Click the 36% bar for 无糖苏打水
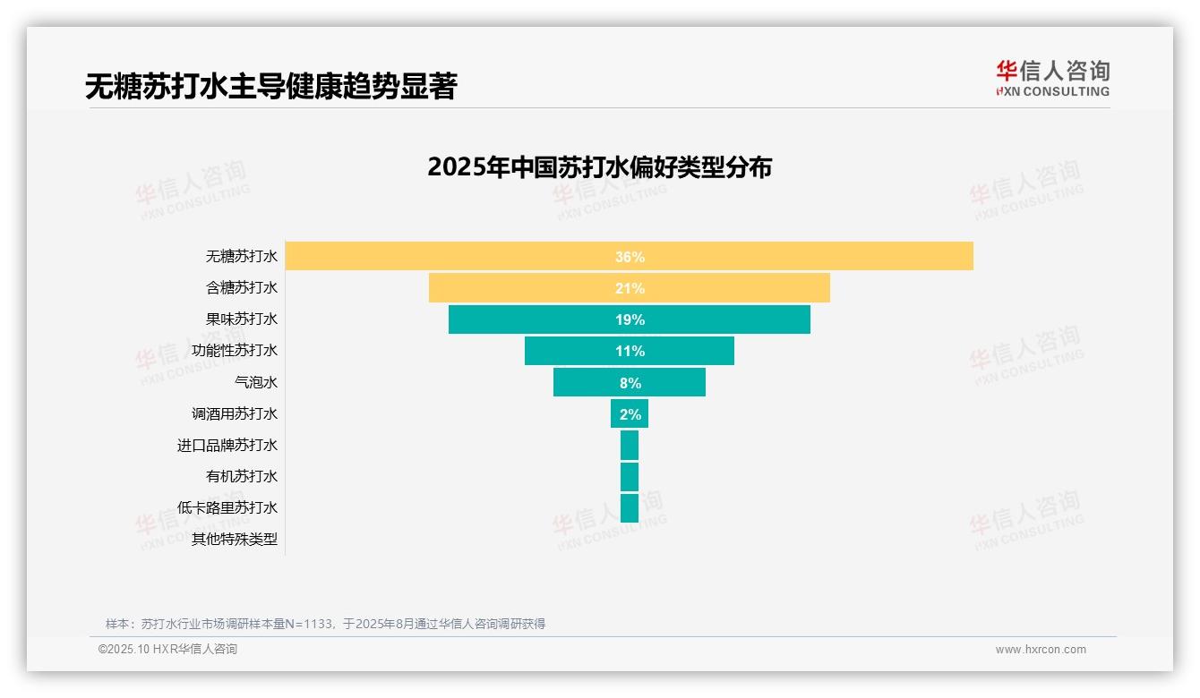(x=629, y=256)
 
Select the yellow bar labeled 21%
(x=629, y=288)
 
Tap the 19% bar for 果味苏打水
(x=629, y=319)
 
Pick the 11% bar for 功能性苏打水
(x=629, y=351)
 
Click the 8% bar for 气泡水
(x=629, y=382)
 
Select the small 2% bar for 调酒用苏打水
(x=630, y=413)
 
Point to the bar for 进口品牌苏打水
(x=630, y=445)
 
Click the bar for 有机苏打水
(x=630, y=476)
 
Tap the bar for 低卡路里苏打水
(x=630, y=507)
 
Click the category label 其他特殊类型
(x=235, y=539)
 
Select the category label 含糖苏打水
(x=242, y=288)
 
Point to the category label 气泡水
(x=256, y=382)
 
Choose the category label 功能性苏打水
(x=235, y=351)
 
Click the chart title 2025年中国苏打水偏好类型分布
(x=599, y=167)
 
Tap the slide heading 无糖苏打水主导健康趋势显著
(x=270, y=86)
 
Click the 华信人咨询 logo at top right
(x=1052, y=78)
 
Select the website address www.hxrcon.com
(x=1041, y=650)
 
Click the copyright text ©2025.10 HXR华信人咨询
(x=167, y=650)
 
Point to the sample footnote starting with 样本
(x=325, y=624)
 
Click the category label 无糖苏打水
(x=242, y=257)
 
